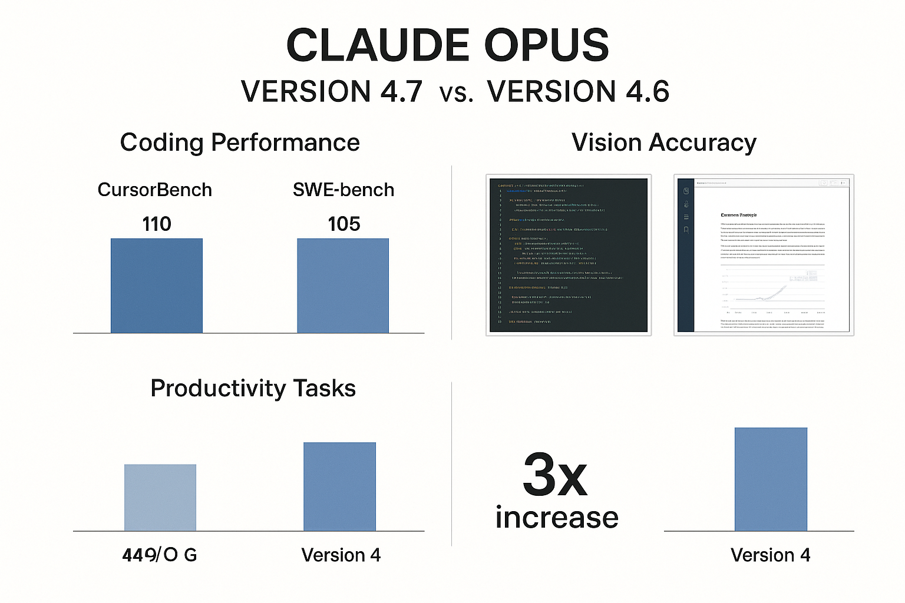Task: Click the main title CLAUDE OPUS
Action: pyautogui.click(x=448, y=46)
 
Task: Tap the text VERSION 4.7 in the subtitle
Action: pyautogui.click(x=332, y=92)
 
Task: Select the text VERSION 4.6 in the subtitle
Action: pyautogui.click(x=578, y=92)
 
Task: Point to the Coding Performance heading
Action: pyautogui.click(x=240, y=143)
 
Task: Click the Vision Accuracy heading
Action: pyautogui.click(x=664, y=143)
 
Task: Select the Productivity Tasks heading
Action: pyautogui.click(x=253, y=389)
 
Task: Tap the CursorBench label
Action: pyautogui.click(x=154, y=190)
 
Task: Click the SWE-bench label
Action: pyautogui.click(x=343, y=190)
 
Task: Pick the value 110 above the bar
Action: pyautogui.click(x=157, y=224)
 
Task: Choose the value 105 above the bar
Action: pyautogui.click(x=343, y=224)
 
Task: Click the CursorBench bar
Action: pyautogui.click(x=157, y=286)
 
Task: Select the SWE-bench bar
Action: pyautogui.click(x=343, y=286)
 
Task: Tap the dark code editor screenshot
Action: pyautogui.click(x=569, y=255)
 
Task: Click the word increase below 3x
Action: pyautogui.click(x=557, y=518)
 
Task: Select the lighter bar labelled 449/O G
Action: pyautogui.click(x=160, y=498)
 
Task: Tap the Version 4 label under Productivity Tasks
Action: pyautogui.click(x=341, y=555)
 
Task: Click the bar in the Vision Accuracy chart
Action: pyautogui.click(x=771, y=479)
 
